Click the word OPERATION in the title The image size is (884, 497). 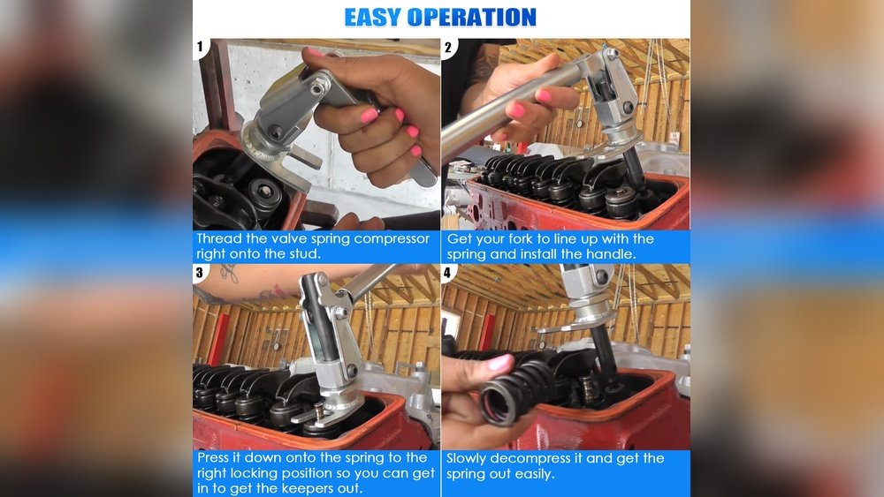pos(471,18)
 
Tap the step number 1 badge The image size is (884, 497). pos(200,47)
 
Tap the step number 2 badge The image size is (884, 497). pos(448,48)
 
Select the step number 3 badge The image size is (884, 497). pos(200,273)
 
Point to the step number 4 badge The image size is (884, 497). pos(447,274)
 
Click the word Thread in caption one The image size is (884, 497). pos(218,238)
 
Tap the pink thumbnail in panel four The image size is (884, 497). pos(499,362)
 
